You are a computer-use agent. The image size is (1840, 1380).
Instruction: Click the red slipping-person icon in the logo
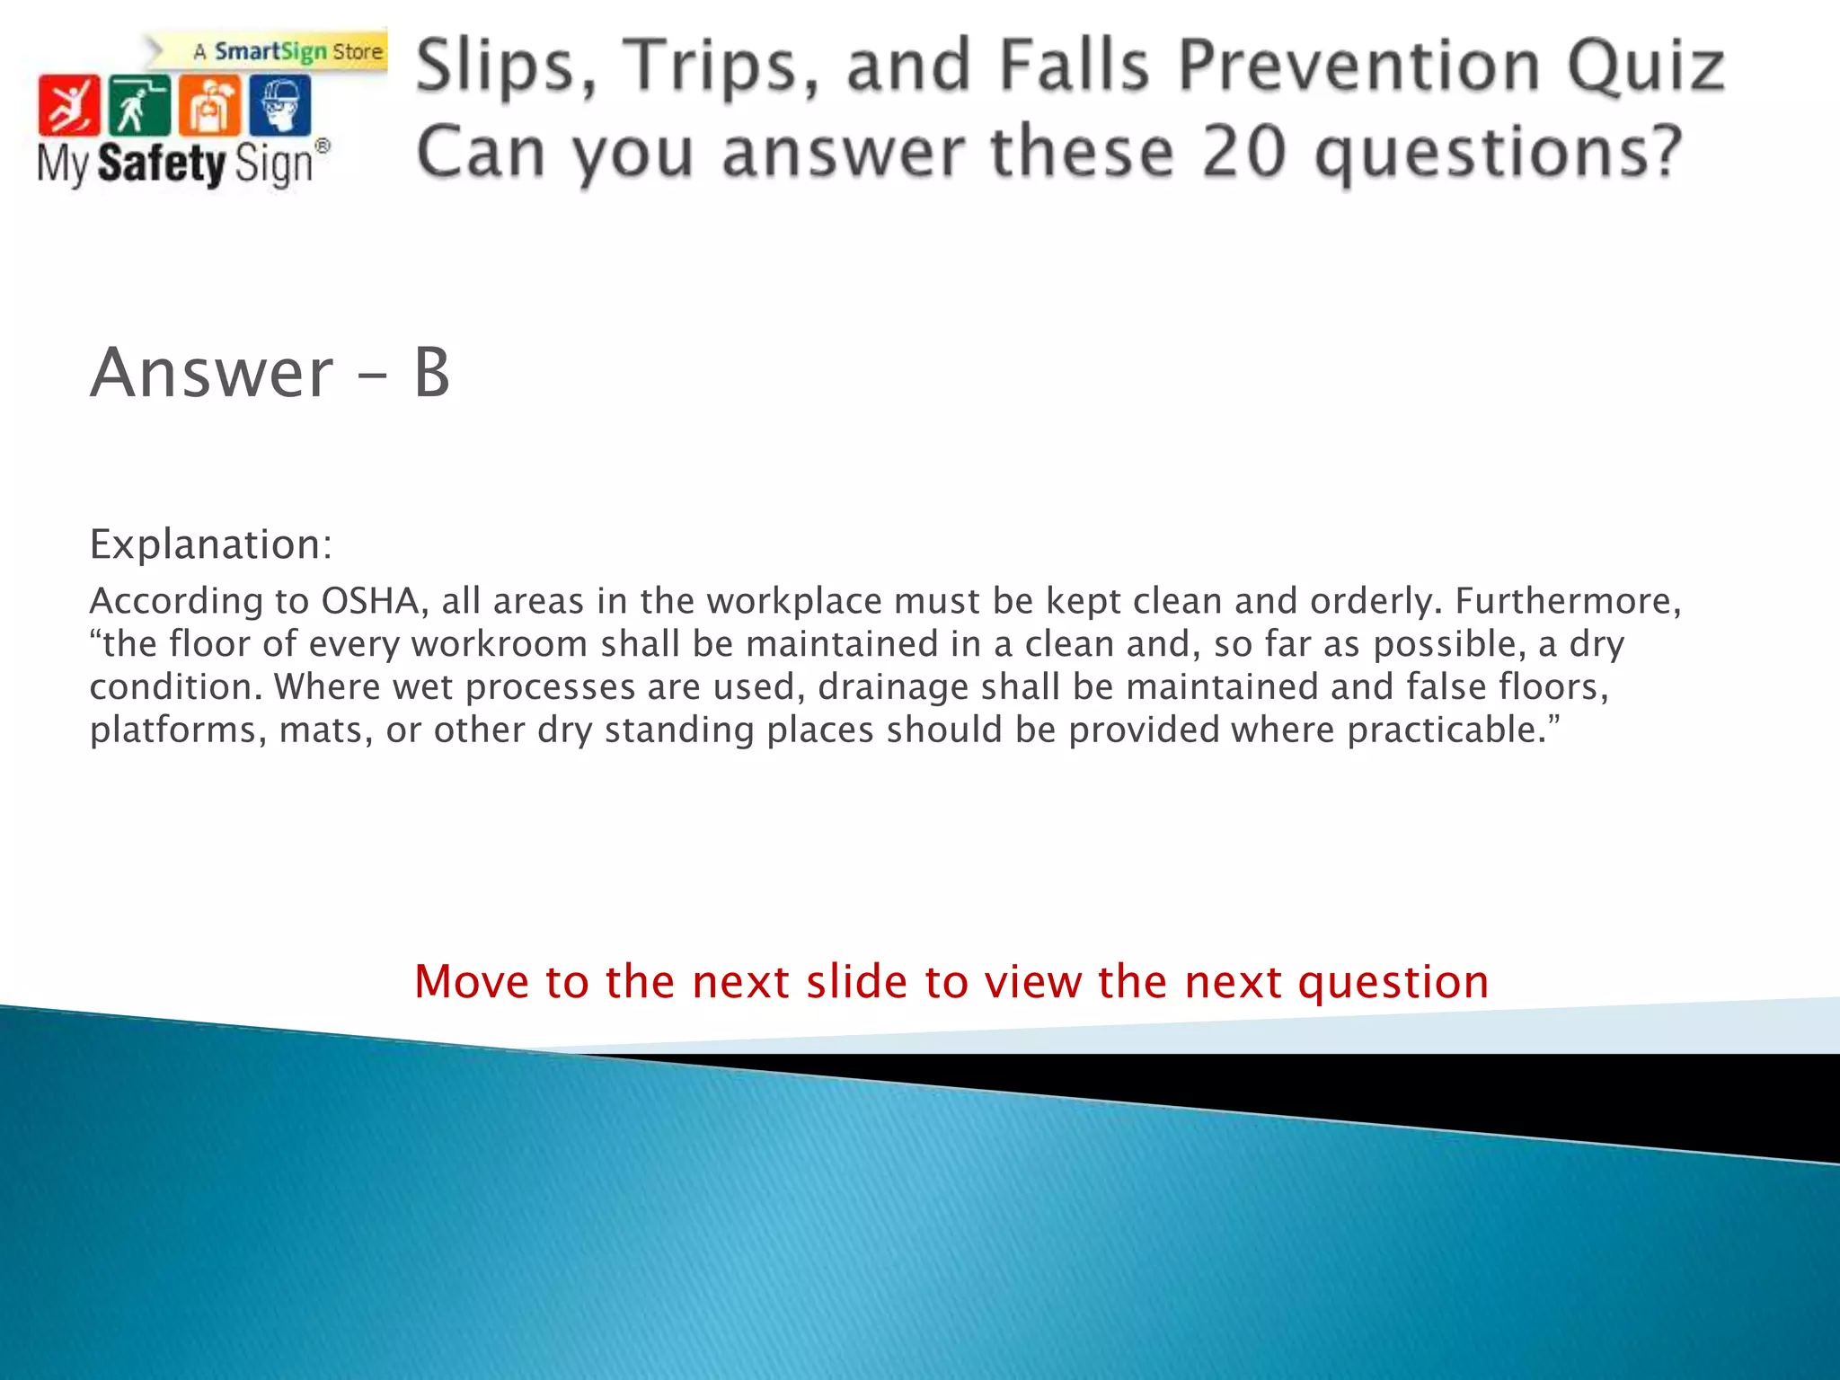coord(68,105)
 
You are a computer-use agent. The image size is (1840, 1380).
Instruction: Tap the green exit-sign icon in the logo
coord(139,105)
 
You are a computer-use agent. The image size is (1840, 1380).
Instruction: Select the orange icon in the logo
coord(209,105)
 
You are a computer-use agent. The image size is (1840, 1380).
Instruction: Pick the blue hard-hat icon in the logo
coord(280,105)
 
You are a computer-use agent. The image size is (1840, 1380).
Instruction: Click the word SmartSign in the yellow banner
coord(270,51)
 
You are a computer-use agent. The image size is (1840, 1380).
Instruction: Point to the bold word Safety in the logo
coord(162,164)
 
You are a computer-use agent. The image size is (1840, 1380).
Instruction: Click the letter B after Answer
coord(431,373)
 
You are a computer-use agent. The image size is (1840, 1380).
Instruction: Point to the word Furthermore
coord(1568,601)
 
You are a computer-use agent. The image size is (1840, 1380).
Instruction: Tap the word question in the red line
coord(1393,982)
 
